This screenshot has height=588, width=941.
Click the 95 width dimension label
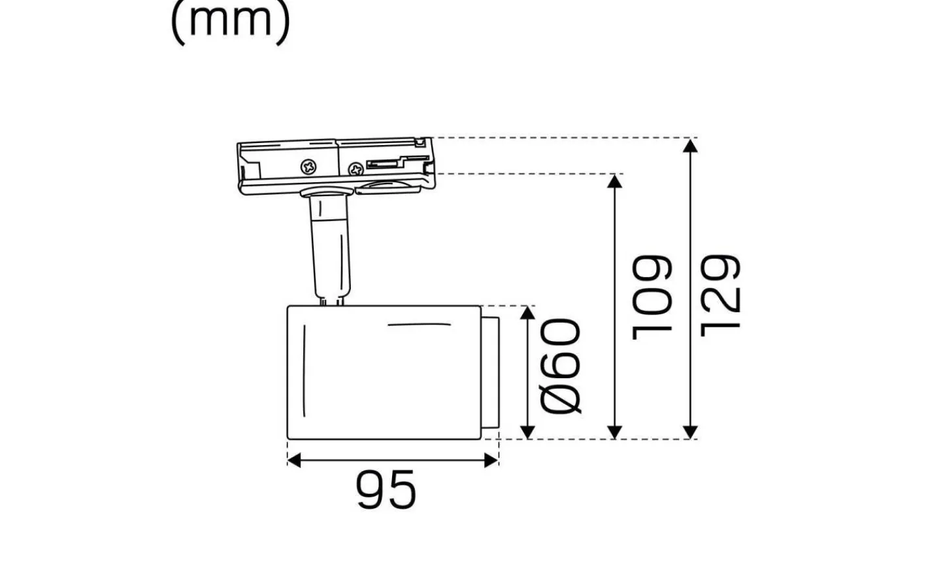click(x=386, y=489)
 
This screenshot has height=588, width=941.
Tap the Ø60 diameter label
click(x=561, y=367)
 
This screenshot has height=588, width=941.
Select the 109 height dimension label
click(x=653, y=297)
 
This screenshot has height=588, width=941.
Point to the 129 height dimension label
click(x=720, y=295)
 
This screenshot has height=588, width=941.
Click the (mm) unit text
click(x=230, y=22)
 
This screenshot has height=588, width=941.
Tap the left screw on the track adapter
click(x=308, y=167)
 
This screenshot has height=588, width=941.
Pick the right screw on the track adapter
click(x=356, y=169)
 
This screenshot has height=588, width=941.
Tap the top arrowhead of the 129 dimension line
click(x=690, y=145)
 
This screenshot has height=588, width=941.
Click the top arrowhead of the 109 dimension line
click(x=614, y=181)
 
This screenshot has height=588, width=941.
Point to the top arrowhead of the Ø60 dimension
click(x=527, y=313)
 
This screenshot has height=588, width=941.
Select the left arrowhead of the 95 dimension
click(x=294, y=461)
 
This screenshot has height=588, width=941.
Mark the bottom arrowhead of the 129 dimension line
click(x=690, y=431)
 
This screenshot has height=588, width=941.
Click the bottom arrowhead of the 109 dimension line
click(x=614, y=431)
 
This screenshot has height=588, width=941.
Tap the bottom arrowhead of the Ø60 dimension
click(x=527, y=431)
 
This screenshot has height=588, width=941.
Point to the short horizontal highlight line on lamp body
click(x=419, y=324)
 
